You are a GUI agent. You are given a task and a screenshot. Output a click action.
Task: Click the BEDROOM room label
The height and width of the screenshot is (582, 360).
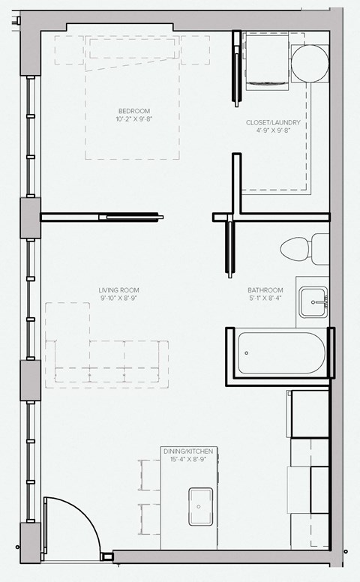(134, 110)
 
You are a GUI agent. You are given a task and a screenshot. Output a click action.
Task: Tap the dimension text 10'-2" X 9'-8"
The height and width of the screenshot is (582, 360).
(134, 118)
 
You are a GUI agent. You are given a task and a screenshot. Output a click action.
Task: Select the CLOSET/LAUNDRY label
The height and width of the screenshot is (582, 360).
(273, 122)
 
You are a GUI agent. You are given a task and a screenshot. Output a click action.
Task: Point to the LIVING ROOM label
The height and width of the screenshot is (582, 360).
(118, 290)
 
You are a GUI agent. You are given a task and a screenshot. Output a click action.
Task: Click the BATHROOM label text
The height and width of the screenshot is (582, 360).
(265, 290)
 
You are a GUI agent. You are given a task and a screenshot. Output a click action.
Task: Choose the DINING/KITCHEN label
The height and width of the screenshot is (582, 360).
(188, 451)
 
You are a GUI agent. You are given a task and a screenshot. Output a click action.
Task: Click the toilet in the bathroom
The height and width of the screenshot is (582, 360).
(304, 249)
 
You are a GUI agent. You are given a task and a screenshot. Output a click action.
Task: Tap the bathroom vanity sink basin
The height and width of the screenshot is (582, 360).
(313, 302)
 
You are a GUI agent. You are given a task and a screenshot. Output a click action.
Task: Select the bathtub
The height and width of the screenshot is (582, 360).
(281, 352)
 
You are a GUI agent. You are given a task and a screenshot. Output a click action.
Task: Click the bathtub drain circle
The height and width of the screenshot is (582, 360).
(247, 353)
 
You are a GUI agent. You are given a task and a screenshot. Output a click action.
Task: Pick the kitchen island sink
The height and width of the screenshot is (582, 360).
(201, 506)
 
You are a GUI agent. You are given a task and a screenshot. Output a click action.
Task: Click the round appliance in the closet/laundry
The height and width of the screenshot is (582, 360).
(310, 64)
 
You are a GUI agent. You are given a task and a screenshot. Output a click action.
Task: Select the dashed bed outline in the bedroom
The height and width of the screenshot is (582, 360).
(132, 97)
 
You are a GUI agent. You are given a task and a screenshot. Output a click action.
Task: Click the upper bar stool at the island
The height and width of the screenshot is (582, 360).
(149, 475)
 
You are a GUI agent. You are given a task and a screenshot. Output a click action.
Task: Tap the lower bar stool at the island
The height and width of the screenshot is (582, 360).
(149, 519)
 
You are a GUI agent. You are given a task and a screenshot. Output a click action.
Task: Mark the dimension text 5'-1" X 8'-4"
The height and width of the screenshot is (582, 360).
(265, 298)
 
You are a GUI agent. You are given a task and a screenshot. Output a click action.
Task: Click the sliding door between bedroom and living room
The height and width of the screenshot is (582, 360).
(131, 217)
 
